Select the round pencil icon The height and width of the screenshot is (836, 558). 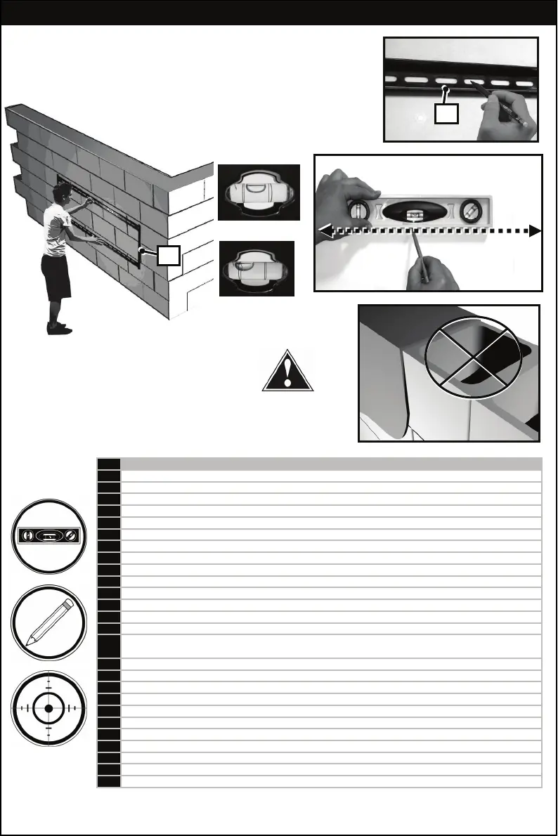pyautogui.click(x=48, y=622)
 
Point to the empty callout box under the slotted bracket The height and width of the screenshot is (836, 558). pyautogui.click(x=446, y=115)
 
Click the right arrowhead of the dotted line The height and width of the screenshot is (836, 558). pyautogui.click(x=535, y=230)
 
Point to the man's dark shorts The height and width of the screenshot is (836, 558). pyautogui.click(x=55, y=277)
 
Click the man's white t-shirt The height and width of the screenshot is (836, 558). pyautogui.click(x=56, y=232)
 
